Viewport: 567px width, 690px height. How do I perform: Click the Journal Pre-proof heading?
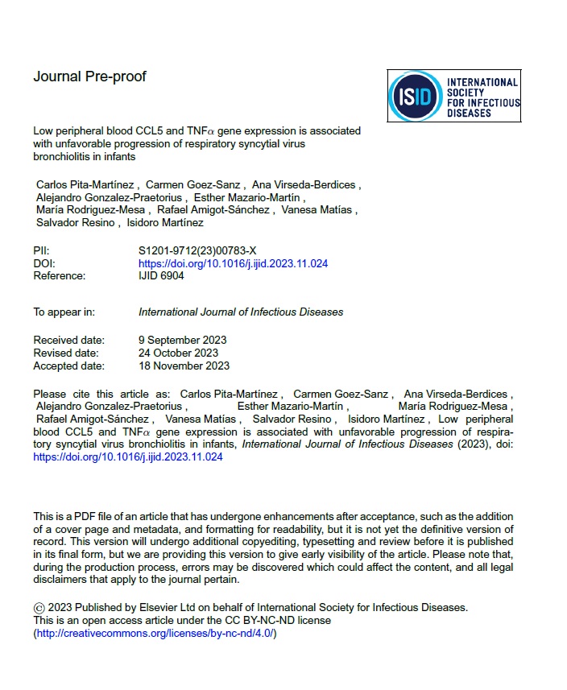pos(89,77)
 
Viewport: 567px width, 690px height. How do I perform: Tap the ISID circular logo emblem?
pos(416,97)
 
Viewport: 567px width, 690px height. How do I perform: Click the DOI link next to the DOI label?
pos(233,263)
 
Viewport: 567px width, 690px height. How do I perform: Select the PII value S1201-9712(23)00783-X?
pos(197,251)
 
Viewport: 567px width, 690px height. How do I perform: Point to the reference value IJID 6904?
pos(161,275)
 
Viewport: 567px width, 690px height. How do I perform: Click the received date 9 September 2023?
pos(182,340)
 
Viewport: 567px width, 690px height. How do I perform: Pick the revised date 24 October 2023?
pos(178,353)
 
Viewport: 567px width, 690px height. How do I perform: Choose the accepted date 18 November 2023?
pos(184,366)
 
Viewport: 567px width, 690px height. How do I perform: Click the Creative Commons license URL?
pos(155,633)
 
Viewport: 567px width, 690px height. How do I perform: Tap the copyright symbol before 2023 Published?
pos(39,608)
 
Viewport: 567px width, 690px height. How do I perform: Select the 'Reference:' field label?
pos(59,275)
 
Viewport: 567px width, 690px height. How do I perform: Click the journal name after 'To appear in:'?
pos(241,312)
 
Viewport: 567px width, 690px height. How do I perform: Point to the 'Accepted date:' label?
pos(68,366)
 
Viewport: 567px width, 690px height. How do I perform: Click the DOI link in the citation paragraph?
pos(127,457)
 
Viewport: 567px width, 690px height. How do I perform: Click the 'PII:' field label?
pos(41,251)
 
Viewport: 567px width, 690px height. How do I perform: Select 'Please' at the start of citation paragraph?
pos(49,394)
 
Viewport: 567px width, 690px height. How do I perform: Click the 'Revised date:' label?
pos(66,353)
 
